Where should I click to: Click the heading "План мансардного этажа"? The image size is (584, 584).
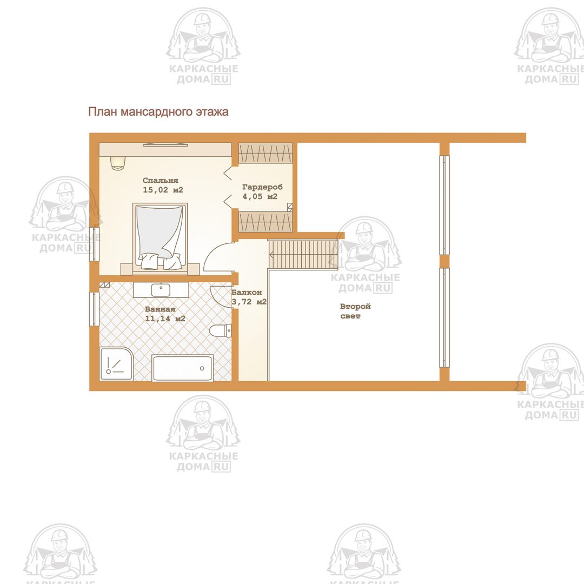pos(158,112)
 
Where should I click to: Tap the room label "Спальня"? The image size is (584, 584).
pos(161,180)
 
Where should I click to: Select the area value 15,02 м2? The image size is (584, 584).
pos(163,190)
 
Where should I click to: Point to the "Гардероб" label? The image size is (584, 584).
pos(262,187)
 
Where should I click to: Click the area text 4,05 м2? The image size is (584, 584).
pos(260,197)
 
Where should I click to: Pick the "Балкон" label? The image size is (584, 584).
pos(247,293)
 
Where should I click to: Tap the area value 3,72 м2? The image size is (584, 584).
pos(249,302)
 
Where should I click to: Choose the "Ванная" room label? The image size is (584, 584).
pos(160,309)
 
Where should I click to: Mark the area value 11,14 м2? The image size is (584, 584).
pos(165,319)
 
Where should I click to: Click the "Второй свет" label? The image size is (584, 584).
pos(355,311)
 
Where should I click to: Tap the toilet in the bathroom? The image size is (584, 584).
pos(221,331)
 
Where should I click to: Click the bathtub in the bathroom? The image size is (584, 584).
pos(183,368)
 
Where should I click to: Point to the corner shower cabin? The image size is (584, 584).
pos(116,364)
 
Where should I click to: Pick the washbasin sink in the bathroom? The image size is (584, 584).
pos(161,289)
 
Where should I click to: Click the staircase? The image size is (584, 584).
pos(303,254)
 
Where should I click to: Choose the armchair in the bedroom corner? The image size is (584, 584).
pos(118,163)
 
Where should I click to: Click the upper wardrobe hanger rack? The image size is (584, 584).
pos(265,153)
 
